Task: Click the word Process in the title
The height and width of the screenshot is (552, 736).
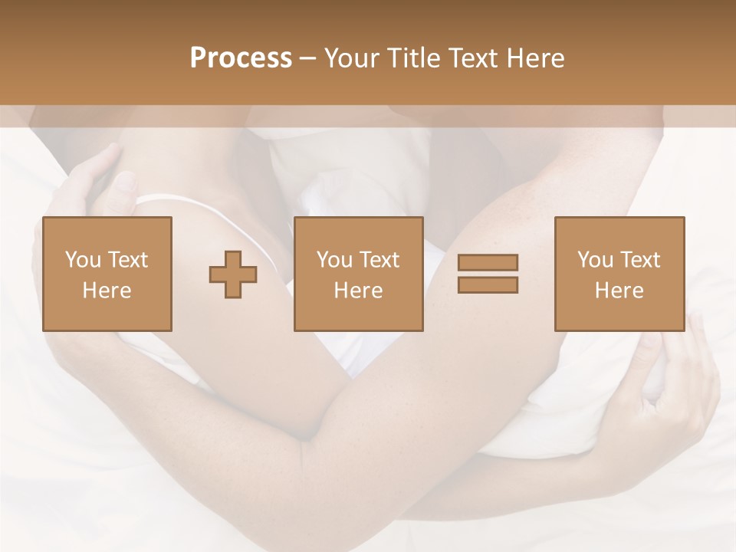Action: coord(241,58)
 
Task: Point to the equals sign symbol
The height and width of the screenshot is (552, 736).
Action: coord(488,274)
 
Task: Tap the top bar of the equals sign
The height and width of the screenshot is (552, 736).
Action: coord(488,263)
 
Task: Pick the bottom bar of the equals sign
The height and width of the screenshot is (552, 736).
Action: coord(488,285)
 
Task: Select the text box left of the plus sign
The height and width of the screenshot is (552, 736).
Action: coord(107,274)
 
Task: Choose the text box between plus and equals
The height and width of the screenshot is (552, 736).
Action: coord(359,274)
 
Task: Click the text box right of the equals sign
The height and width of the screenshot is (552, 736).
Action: coord(619,274)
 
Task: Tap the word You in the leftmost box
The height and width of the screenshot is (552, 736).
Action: coord(82,260)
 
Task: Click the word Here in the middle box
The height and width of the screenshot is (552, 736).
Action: coord(359,291)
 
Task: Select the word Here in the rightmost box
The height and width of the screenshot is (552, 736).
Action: coord(619,291)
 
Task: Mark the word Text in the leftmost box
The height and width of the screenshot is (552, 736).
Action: coord(128,260)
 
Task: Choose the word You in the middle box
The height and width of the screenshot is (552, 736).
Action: coord(334,260)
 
